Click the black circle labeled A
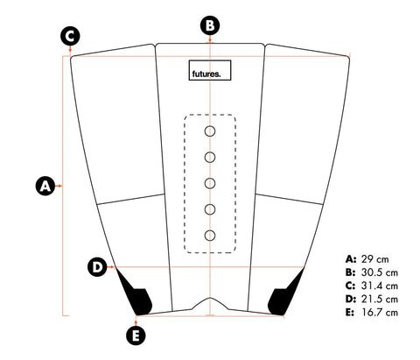tap(45, 186)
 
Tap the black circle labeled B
tap(210, 25)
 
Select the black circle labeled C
tap(70, 36)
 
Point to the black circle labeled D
tap(97, 267)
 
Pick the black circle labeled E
tap(136, 335)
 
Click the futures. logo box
tap(210, 70)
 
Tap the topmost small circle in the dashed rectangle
tap(210, 131)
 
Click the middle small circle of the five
tap(210, 183)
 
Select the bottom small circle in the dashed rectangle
tap(210, 236)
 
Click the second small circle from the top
tap(210, 158)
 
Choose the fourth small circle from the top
tap(210, 209)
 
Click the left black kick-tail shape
tap(137, 298)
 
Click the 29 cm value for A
tap(375, 259)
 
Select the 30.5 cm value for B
tap(380, 272)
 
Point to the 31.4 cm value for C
tap(380, 286)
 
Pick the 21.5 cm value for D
tap(380, 300)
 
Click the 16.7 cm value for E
tap(380, 313)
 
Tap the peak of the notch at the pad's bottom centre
tap(210, 298)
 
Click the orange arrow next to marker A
tap(59, 186)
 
